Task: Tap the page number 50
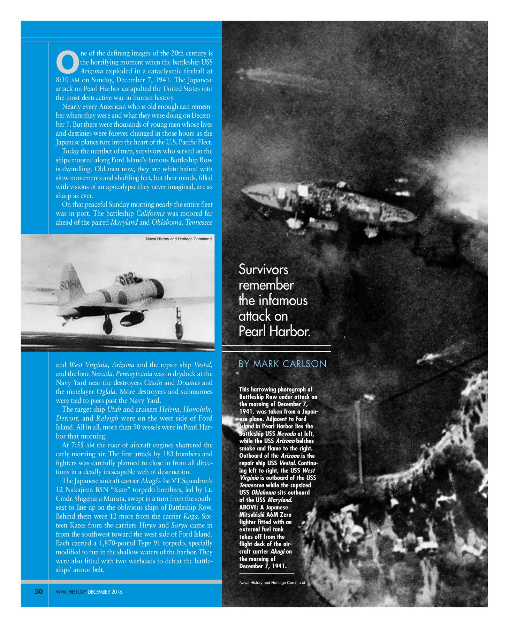39,592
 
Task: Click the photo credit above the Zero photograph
178,239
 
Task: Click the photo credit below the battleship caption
272,583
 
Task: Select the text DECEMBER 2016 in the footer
105,592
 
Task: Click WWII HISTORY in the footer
71,592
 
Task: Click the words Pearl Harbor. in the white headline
274,331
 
